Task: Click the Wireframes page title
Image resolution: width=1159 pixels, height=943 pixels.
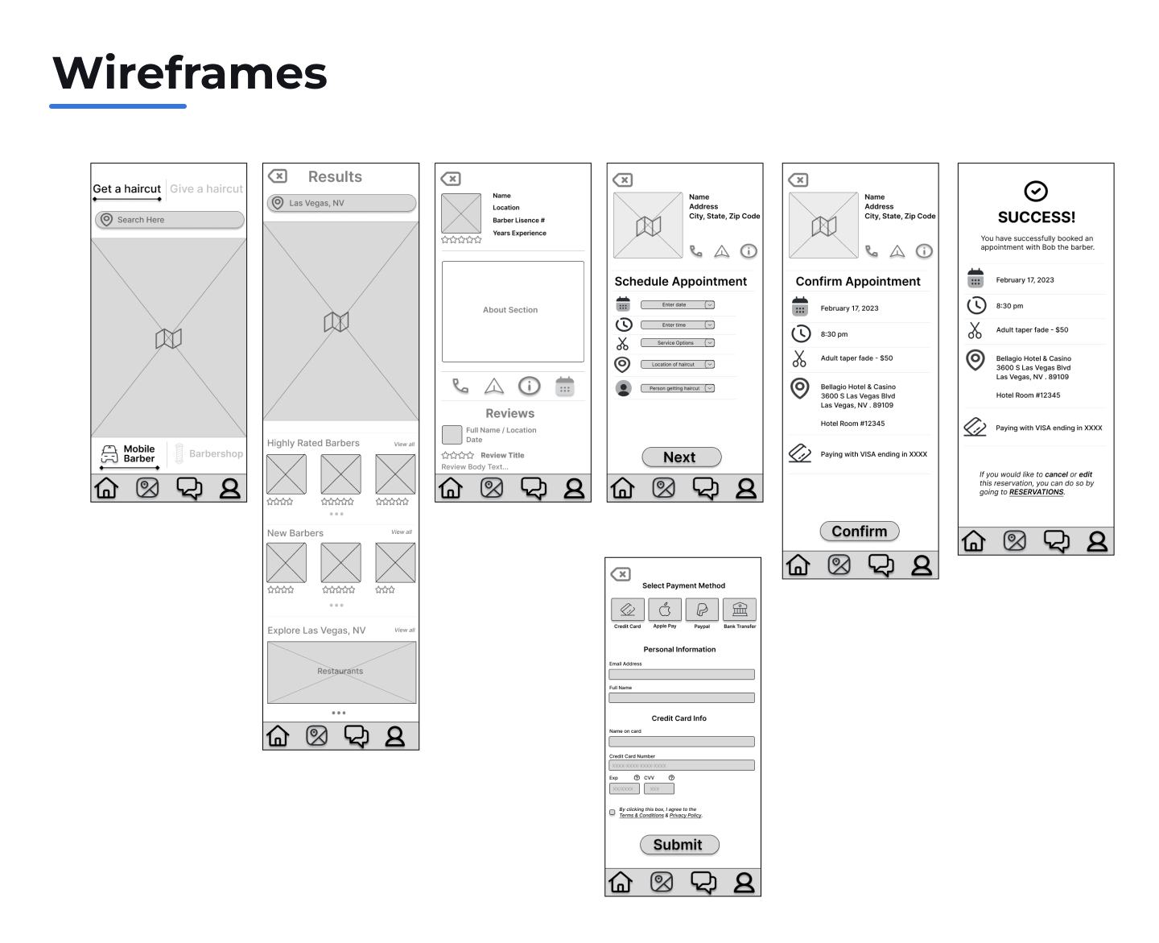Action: click(x=190, y=73)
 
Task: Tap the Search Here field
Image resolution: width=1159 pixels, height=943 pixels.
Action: click(x=169, y=220)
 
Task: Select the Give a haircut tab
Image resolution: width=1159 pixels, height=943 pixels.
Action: click(x=206, y=189)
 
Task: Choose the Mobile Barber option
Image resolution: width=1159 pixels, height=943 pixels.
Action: click(x=128, y=454)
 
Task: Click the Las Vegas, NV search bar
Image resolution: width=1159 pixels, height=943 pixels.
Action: click(x=341, y=203)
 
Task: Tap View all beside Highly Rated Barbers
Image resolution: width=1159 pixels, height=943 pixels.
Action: click(x=404, y=445)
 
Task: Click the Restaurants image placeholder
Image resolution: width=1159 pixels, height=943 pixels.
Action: click(x=341, y=672)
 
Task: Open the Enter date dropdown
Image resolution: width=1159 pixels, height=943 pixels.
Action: click(x=677, y=305)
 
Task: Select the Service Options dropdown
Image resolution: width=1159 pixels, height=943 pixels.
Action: click(x=677, y=343)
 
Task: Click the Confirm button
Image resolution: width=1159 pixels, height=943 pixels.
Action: click(x=859, y=531)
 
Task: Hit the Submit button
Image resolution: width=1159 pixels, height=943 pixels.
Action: click(x=679, y=845)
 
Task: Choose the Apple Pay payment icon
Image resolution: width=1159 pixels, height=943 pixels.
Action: click(x=665, y=610)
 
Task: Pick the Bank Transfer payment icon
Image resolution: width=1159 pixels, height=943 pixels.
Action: click(x=740, y=610)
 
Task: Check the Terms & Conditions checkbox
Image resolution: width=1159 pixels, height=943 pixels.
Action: click(x=612, y=813)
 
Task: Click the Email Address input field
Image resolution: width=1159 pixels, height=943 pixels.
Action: click(x=682, y=675)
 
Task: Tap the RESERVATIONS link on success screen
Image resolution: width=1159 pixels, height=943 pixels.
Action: click(x=1036, y=492)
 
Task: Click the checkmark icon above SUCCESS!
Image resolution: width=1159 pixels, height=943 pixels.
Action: click(x=1036, y=191)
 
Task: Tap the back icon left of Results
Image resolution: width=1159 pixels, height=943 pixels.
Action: click(x=278, y=176)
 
